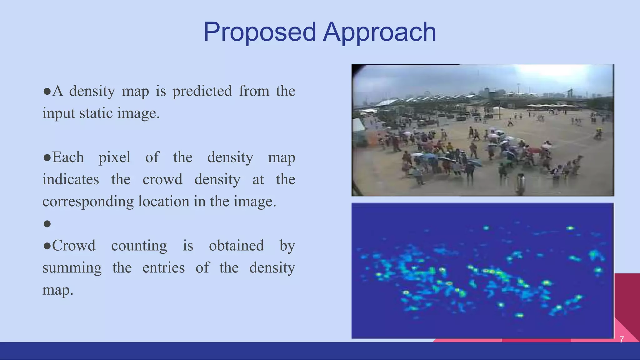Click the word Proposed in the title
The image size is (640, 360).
point(260,32)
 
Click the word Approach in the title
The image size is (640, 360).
point(379,32)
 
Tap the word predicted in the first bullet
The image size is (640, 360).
point(202,91)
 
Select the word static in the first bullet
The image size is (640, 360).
point(96,113)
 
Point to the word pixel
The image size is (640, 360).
point(114,157)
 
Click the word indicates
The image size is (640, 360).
point(71,179)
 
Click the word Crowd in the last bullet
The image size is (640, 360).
point(74,246)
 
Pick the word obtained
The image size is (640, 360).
point(236,246)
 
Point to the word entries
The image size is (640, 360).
point(163,268)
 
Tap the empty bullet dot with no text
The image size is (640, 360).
point(47,224)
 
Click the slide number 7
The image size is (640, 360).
point(622,339)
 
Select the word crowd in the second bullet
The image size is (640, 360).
point(162,179)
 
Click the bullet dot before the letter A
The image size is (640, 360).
point(47,92)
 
